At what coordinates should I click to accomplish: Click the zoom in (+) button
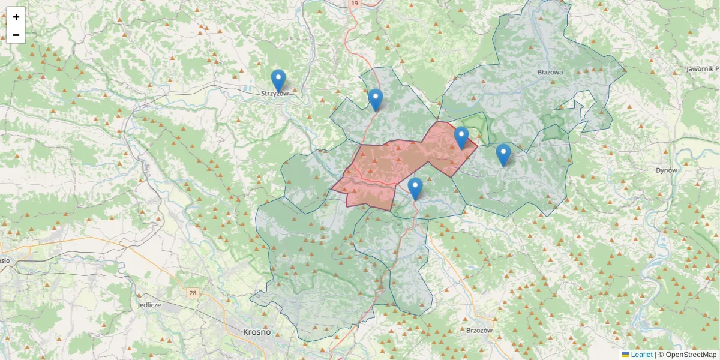coord(16,17)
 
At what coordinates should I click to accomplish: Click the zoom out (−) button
coord(16,35)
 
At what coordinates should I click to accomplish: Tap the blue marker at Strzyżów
coord(278,80)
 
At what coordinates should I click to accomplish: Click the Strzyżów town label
coord(275,94)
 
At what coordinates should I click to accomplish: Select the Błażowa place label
coord(550,72)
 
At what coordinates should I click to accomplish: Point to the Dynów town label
coord(666,170)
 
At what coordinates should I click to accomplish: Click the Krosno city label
coord(257,332)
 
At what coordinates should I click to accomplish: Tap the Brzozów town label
coord(479,330)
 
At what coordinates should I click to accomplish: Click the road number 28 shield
coord(193,293)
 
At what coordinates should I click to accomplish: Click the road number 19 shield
coord(355,4)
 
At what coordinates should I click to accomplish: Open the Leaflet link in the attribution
coord(641,355)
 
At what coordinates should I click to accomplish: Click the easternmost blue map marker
coord(503,154)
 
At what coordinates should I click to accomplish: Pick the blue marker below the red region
coord(415,188)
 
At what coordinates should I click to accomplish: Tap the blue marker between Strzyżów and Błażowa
coord(375,100)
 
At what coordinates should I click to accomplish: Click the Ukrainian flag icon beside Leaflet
coord(625,355)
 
